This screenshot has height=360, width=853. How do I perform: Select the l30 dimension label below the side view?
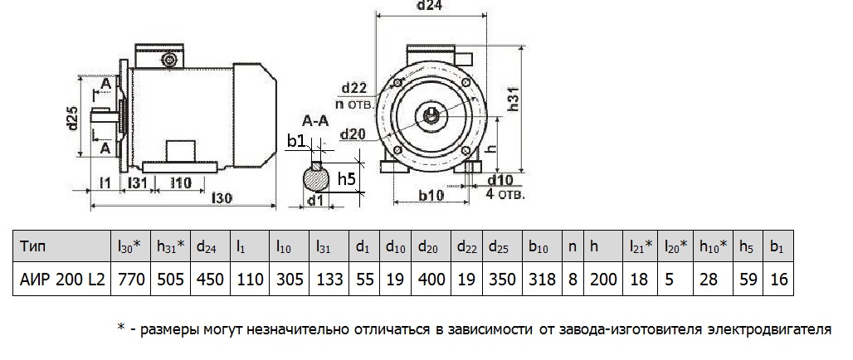pyautogui.click(x=222, y=198)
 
